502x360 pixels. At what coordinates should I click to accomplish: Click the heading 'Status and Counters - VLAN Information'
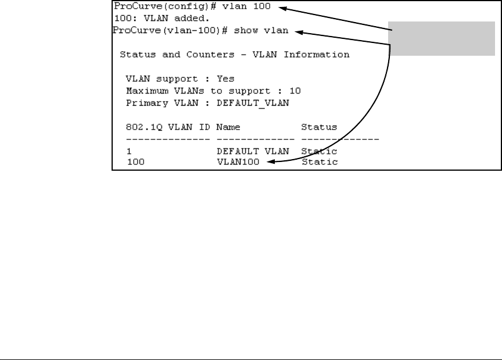[x=234, y=55]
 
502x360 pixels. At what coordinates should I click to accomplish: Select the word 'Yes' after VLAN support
[x=225, y=78]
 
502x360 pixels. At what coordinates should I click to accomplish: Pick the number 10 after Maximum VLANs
[x=296, y=91]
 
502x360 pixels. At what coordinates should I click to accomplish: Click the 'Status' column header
[x=319, y=127]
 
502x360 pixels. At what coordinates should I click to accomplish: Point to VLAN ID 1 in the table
[x=129, y=151]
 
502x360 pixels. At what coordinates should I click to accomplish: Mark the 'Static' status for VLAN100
[x=319, y=162]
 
